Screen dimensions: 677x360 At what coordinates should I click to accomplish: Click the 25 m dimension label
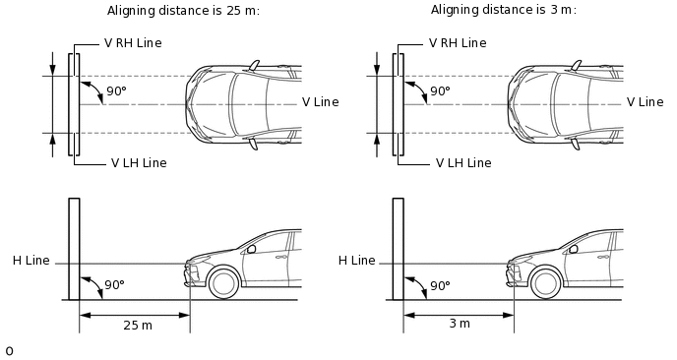138,325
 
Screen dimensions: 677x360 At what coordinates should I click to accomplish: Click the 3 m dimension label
460,324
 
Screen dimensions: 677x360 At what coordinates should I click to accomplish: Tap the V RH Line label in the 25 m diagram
133,43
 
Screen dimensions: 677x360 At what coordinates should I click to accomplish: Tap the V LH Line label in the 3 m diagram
463,162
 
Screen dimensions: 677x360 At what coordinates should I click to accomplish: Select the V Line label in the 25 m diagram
321,102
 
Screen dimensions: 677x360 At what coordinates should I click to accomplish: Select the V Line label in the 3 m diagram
646,102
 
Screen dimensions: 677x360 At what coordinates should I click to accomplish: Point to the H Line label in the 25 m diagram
31,261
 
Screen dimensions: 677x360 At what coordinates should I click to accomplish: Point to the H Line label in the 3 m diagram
356,261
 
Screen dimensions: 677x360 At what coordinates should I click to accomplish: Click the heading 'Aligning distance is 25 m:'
183,11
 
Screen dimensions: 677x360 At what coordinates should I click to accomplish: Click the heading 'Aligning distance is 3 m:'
504,10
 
